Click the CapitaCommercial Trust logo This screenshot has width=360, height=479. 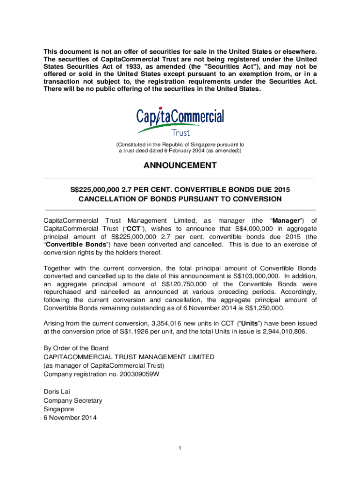pos(180,121)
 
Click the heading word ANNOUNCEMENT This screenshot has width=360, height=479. pos(180,166)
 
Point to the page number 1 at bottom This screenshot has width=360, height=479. pos(180,449)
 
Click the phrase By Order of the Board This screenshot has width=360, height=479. pos(76,348)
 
